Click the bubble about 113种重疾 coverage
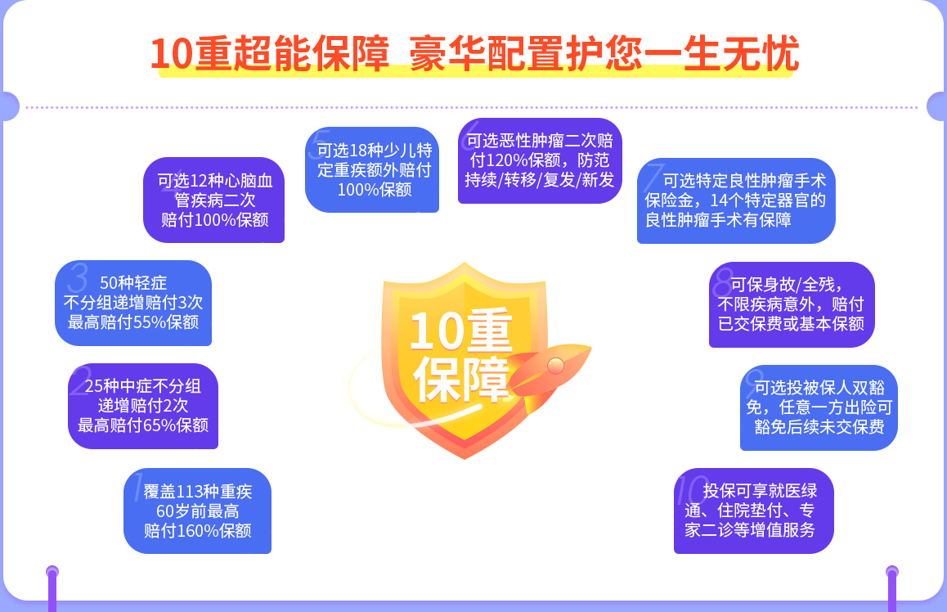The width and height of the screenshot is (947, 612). [x=197, y=511]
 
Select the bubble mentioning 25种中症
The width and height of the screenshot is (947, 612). [x=143, y=406]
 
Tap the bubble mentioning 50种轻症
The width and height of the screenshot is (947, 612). [x=133, y=303]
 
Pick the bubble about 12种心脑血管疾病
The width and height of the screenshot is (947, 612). [x=213, y=200]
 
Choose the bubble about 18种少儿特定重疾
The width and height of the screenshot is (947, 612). [x=372, y=169]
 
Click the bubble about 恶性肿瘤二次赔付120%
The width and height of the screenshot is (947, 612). [x=540, y=160]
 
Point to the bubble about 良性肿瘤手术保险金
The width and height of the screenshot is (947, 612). [x=736, y=200]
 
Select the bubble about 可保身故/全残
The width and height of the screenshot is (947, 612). [x=792, y=304]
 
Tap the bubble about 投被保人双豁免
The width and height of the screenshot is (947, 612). [x=819, y=407]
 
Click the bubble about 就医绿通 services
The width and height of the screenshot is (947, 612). [x=754, y=511]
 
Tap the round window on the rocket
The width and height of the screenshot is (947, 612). [x=555, y=366]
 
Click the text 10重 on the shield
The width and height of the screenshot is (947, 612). [x=460, y=331]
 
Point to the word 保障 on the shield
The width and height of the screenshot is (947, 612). [x=461, y=379]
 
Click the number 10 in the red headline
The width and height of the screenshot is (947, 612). [x=172, y=54]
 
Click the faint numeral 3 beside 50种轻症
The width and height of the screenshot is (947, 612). [x=78, y=278]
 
